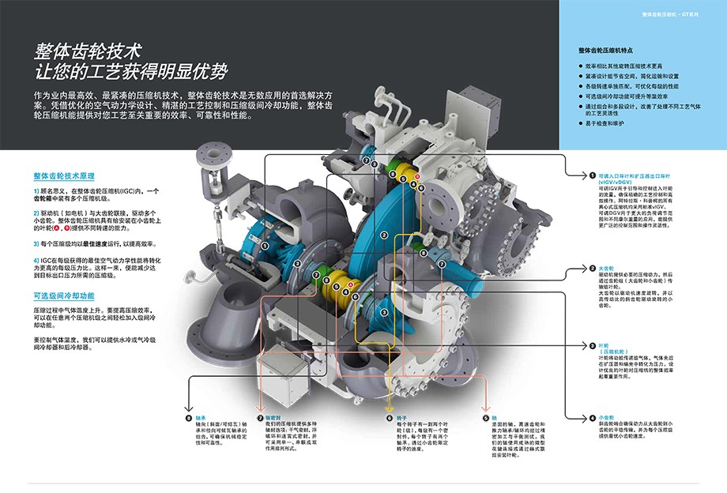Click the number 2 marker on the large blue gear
(382, 235)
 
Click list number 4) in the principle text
(36, 259)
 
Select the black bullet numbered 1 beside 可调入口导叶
(591, 175)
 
